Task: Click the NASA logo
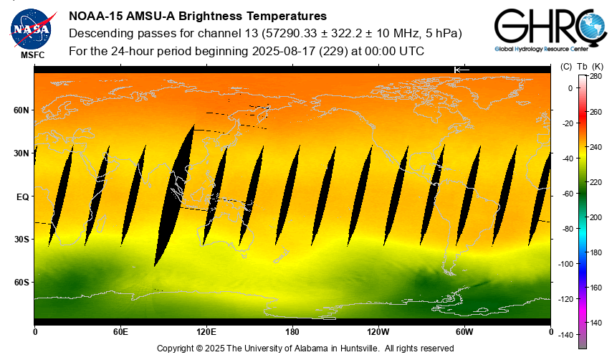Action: coord(31,28)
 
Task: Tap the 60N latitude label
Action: coord(21,110)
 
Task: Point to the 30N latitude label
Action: coord(21,153)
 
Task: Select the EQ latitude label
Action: coord(22,196)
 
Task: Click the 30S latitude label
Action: coord(21,240)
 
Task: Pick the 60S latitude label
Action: coord(21,283)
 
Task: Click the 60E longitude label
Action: coord(120,332)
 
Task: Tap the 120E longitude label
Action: coord(206,332)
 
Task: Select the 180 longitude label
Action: coord(292,332)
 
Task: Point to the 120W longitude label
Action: coord(378,332)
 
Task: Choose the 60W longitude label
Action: coord(464,332)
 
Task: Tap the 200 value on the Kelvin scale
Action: coord(596,217)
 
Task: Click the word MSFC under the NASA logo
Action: coord(32,55)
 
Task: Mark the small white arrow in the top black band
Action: coord(462,69)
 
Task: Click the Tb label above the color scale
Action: coord(582,67)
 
